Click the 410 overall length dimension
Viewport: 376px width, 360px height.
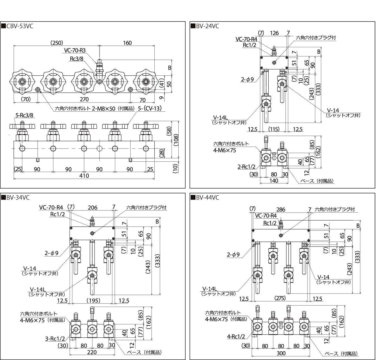(84, 176)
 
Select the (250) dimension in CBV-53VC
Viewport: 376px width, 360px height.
(57, 43)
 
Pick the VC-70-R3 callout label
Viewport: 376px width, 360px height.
(75, 50)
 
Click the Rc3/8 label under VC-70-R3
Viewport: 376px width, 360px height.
(77, 59)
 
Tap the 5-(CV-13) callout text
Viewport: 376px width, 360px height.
(150, 108)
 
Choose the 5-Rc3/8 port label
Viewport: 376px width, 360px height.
(24, 115)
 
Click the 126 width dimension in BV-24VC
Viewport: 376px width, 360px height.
(274, 33)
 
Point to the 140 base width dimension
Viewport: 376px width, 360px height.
(274, 181)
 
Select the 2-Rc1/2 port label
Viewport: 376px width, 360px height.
(246, 166)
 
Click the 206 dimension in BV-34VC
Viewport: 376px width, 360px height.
(93, 208)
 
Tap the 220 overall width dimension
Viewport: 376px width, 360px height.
(92, 352)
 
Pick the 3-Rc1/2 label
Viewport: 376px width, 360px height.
(55, 339)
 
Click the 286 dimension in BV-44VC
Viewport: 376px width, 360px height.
(281, 209)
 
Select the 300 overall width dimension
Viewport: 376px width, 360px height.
(281, 353)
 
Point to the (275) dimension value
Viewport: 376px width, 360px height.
(280, 298)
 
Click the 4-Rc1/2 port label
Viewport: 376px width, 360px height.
(236, 337)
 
